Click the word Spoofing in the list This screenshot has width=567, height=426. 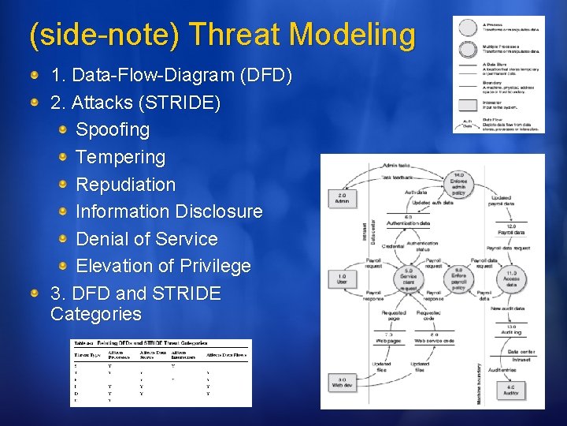coord(113,129)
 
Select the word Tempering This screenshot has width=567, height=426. coord(120,157)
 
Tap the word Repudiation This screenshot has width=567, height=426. coord(125,185)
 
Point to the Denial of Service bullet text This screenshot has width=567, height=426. coord(146,239)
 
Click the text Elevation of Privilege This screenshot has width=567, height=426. coord(163,267)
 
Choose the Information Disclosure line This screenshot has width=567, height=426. coord(169,211)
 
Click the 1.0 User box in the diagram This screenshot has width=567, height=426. coord(342,278)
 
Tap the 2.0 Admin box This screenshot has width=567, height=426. coord(342,197)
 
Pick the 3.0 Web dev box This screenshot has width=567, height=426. coord(342,383)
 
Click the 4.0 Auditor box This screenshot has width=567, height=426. coord(510,389)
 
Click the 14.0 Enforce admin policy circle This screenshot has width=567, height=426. coord(458,183)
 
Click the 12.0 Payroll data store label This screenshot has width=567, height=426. coord(510,230)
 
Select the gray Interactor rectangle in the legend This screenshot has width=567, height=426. coord(468,104)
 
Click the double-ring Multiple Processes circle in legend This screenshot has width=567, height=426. coord(468,49)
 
